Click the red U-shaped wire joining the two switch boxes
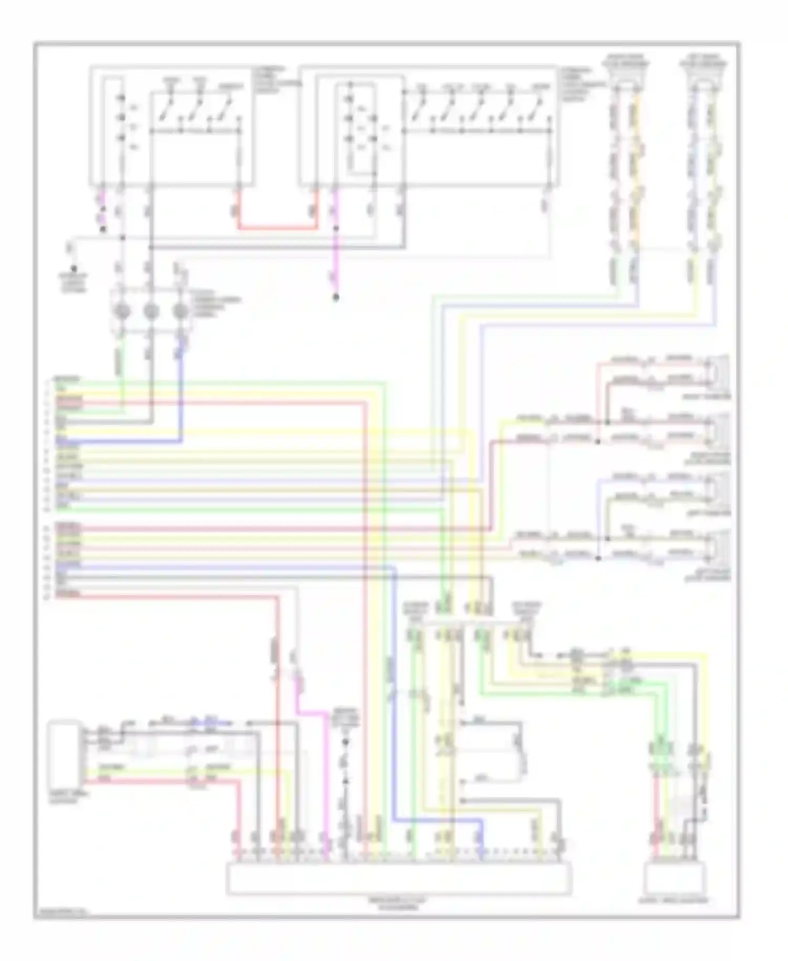click(278, 228)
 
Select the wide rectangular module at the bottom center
click(399, 878)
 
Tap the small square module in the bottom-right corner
click(675, 878)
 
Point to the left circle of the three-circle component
click(122, 312)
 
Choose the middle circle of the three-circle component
click(151, 312)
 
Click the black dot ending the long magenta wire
click(336, 298)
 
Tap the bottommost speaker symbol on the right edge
click(718, 546)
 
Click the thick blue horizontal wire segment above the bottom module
click(436, 820)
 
